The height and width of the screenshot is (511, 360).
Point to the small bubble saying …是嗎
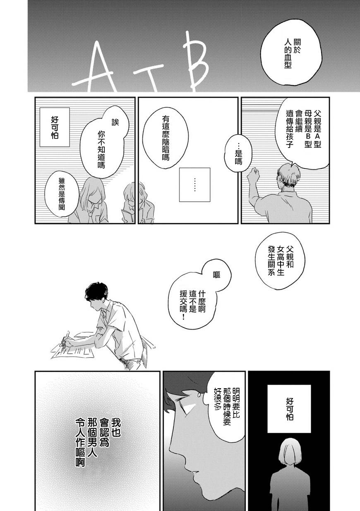pyautogui.click(x=238, y=153)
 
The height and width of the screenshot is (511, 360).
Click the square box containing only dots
pyautogui.click(x=194, y=184)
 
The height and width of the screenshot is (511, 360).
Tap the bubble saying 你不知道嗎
pyautogui.click(x=105, y=146)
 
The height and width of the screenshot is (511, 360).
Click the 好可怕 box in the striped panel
pyautogui.click(x=55, y=127)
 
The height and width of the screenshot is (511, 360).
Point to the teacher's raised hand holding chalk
pyautogui.click(x=253, y=173)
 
